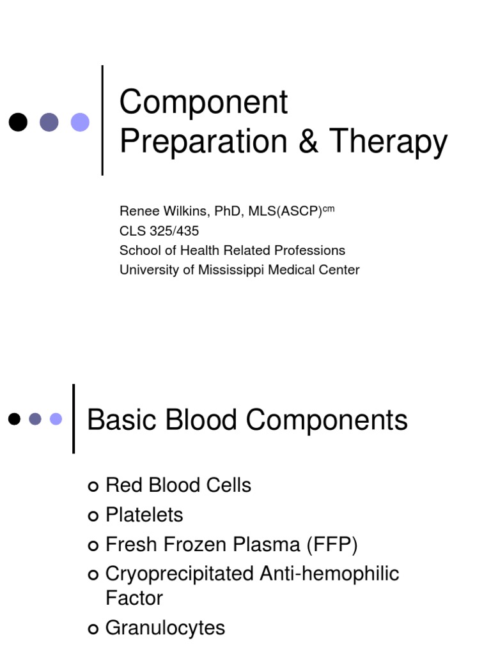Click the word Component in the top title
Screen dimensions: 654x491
coord(204,102)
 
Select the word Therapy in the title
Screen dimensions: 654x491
coord(388,142)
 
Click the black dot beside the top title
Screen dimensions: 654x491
coord(18,122)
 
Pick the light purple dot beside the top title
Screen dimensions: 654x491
coord(80,122)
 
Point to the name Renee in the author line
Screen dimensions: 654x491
coord(136,211)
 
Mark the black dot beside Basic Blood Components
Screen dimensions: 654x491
coord(14,419)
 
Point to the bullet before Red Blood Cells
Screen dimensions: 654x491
coord(93,486)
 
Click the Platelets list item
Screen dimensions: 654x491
coord(144,515)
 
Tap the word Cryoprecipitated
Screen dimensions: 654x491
coord(180,574)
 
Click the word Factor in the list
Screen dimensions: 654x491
coord(134,598)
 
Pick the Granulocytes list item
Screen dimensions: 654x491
coord(165,628)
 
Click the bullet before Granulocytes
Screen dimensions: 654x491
coord(93,628)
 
